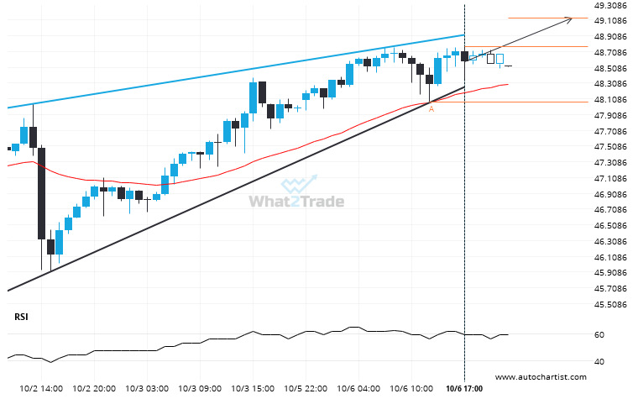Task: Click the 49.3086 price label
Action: click(x=611, y=5)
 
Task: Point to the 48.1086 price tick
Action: click(x=611, y=100)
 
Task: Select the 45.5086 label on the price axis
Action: click(x=611, y=305)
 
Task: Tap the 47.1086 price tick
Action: click(x=611, y=179)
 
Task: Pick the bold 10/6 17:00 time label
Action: click(x=464, y=390)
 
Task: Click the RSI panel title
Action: click(x=22, y=317)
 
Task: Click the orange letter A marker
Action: click(x=431, y=109)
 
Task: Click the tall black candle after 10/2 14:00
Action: click(x=40, y=193)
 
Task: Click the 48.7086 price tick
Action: click(x=611, y=52)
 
